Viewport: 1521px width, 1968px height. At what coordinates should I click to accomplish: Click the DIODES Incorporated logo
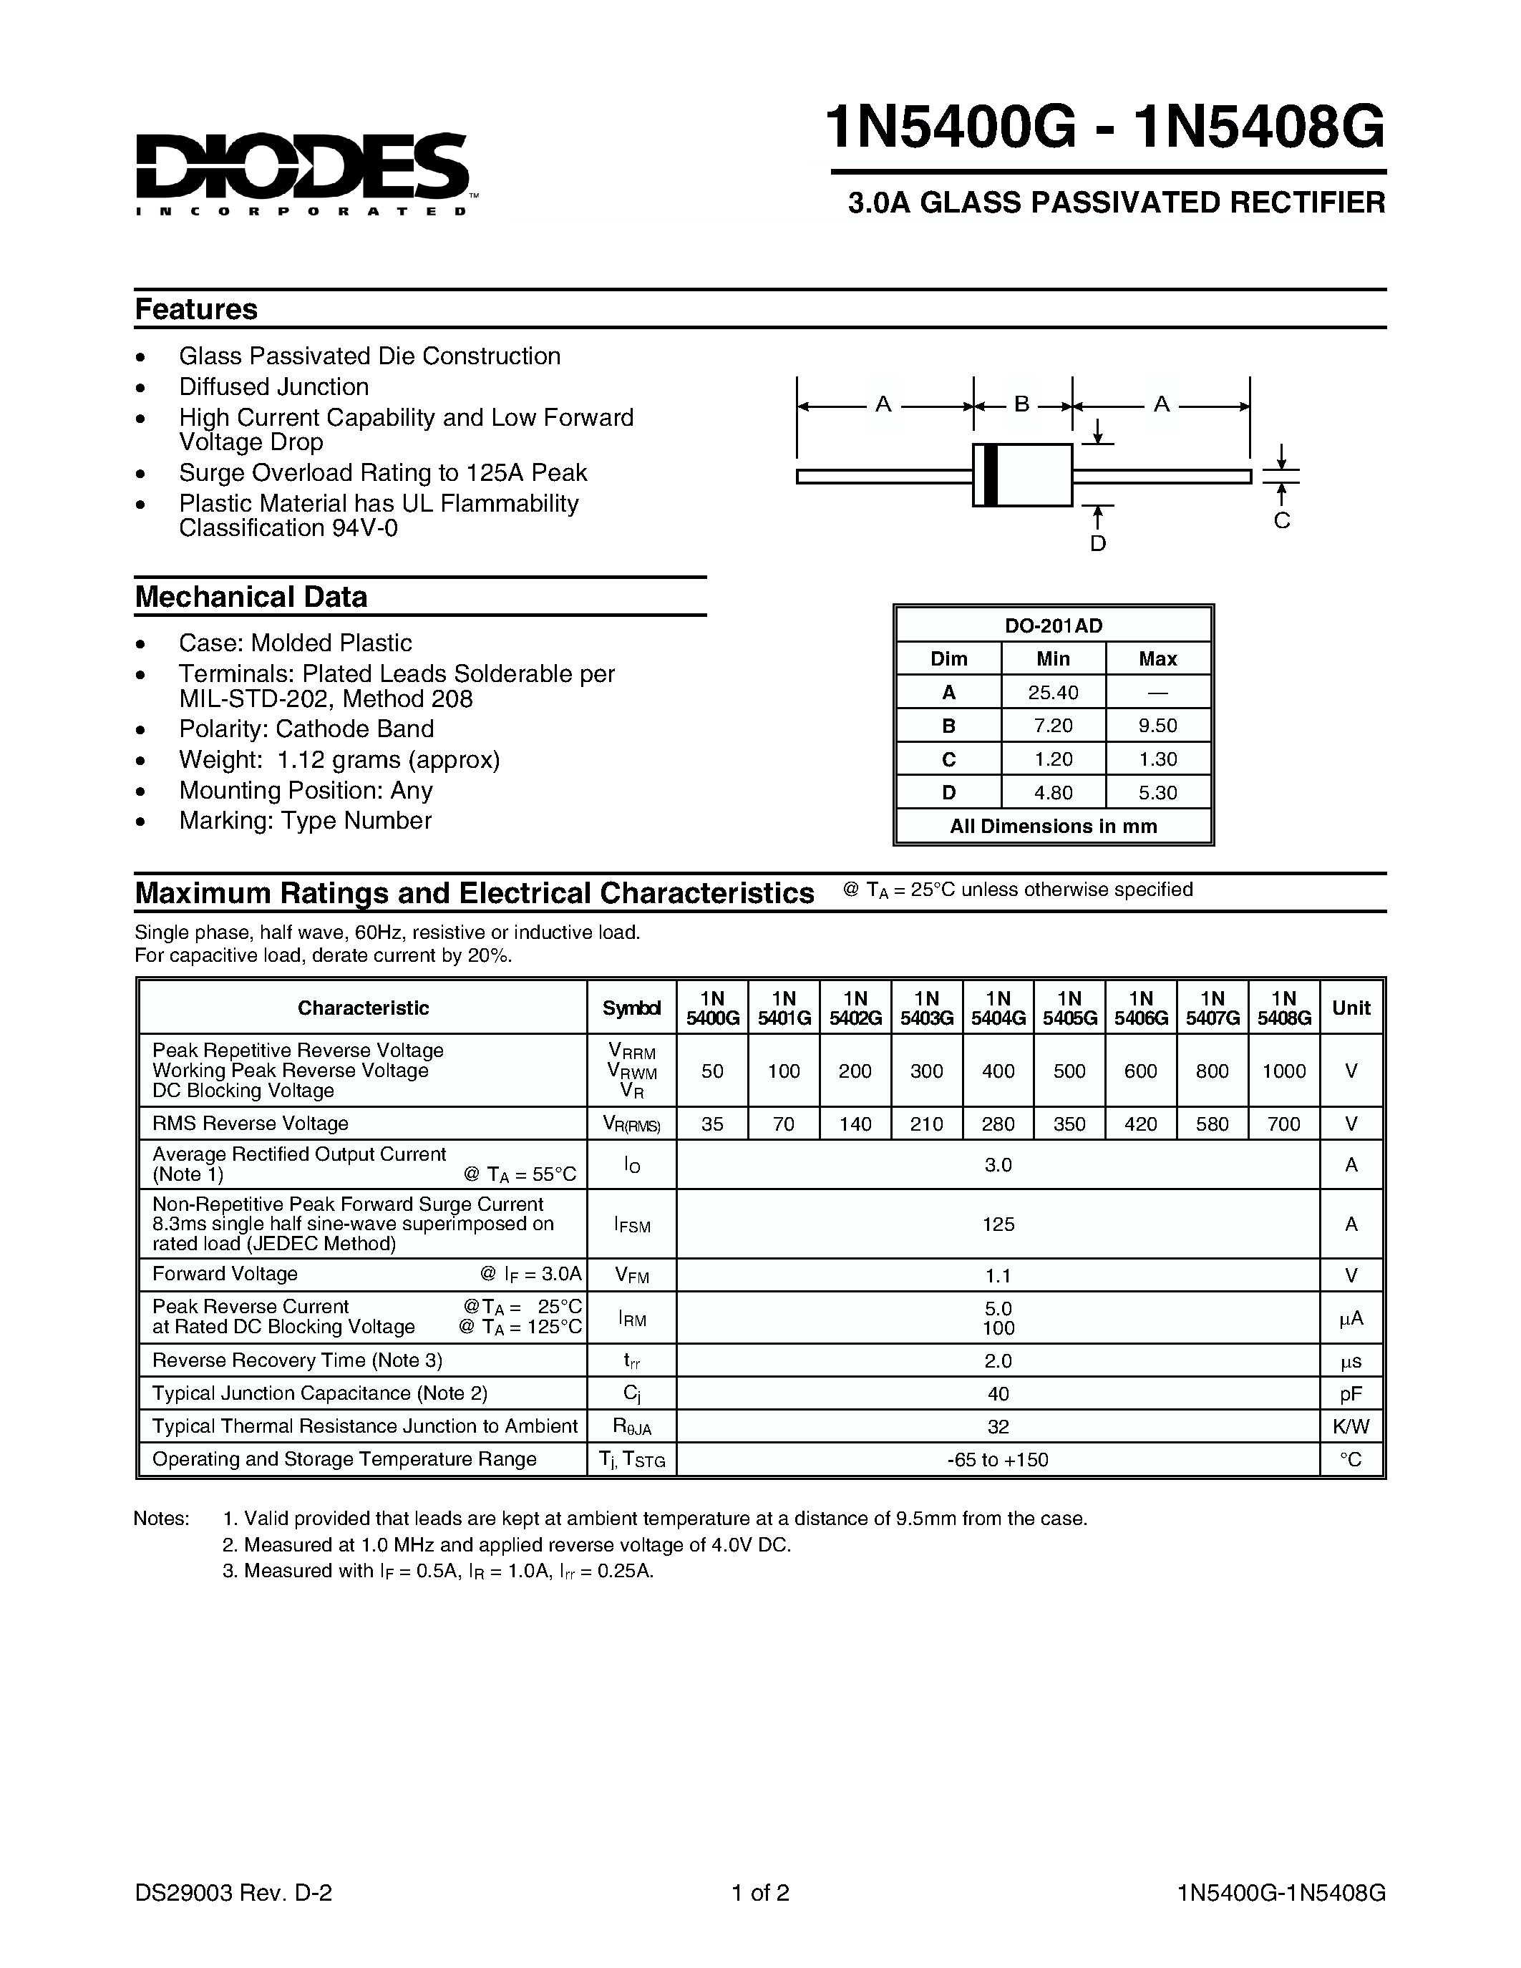point(303,173)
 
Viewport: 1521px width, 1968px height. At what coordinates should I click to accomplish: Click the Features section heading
point(195,309)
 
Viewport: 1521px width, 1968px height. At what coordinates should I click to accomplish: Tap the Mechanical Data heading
point(251,597)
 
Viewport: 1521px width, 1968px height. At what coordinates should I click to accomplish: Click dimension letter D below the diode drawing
point(1097,543)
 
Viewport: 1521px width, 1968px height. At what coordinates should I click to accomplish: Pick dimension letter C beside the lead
point(1281,521)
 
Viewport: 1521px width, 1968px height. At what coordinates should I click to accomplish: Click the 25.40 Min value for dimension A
point(1052,692)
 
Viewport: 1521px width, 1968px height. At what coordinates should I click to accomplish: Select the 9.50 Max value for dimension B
point(1157,726)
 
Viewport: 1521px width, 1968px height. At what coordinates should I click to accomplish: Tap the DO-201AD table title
point(1052,625)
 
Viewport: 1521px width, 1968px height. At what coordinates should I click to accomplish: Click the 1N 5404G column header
point(998,1008)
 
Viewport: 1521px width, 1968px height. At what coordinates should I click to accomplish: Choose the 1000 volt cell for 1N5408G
point(1283,1071)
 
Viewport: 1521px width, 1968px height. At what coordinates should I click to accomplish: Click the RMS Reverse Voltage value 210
point(926,1124)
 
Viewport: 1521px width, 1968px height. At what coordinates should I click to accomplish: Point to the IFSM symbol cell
point(631,1224)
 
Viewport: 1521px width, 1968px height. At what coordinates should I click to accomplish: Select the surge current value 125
point(998,1224)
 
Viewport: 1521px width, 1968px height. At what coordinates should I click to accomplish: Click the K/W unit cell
point(1350,1426)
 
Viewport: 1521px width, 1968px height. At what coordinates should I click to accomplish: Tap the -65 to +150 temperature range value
point(998,1460)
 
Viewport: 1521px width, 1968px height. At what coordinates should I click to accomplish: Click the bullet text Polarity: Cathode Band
point(306,729)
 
